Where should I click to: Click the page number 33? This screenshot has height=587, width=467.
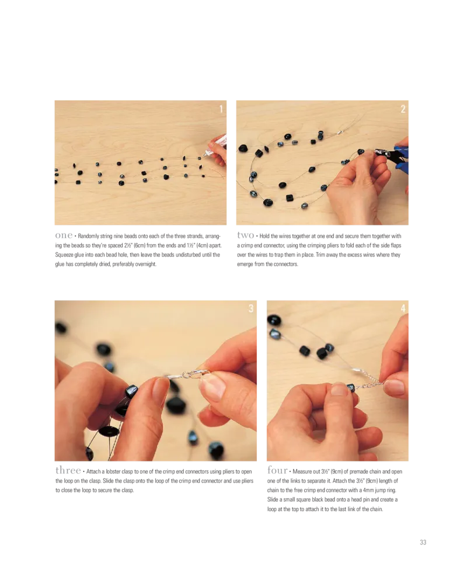[x=423, y=542]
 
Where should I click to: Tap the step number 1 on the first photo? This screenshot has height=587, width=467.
[x=221, y=109]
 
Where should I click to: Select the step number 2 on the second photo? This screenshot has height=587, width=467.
[x=403, y=109]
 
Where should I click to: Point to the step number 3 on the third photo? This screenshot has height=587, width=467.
[x=250, y=308]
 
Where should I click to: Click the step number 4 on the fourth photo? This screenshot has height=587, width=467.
[x=403, y=308]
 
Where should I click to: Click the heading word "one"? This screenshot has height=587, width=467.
[x=64, y=235]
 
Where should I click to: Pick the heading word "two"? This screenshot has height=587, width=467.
[x=246, y=235]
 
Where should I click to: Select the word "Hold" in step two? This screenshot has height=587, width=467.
[x=264, y=236]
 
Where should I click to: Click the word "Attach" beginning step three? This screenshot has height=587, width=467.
[x=93, y=472]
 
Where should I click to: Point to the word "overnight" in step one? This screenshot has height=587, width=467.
[x=145, y=265]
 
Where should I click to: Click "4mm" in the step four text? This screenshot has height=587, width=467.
[x=369, y=491]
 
